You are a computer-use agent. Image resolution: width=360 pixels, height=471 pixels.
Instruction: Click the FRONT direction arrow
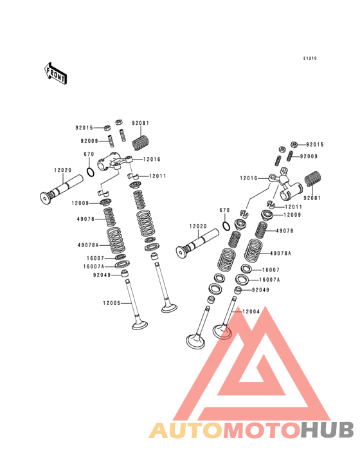click(55, 73)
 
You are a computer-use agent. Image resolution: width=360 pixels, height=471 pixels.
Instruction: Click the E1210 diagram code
click(310, 59)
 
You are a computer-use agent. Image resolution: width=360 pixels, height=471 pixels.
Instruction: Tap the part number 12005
click(112, 303)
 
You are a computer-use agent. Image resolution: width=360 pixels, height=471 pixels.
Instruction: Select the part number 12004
click(251, 311)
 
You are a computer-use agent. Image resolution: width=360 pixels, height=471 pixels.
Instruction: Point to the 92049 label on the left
click(102, 275)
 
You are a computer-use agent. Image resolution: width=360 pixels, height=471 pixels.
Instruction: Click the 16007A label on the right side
click(269, 280)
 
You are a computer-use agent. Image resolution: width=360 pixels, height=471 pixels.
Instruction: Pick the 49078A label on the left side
click(88, 245)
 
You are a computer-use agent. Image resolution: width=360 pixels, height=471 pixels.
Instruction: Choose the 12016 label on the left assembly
click(152, 159)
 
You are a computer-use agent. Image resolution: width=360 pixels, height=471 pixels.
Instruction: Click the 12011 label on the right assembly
click(293, 207)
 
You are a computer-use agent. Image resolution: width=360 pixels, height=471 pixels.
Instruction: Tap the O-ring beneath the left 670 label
click(90, 172)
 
